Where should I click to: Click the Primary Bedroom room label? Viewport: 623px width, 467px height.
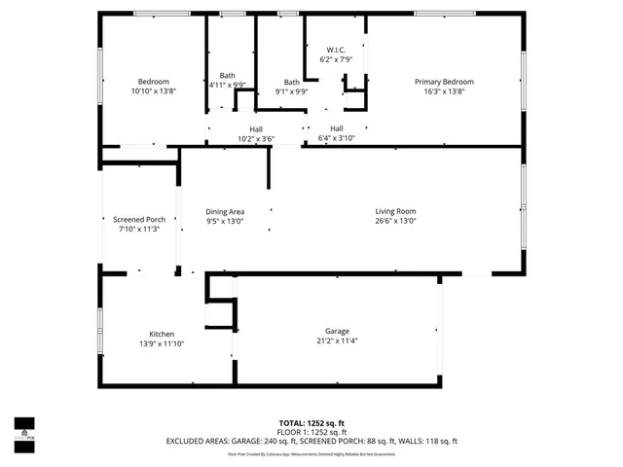[x=444, y=82]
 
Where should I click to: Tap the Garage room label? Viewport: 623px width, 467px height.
[x=337, y=331]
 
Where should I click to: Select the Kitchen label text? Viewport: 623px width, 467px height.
[x=162, y=335]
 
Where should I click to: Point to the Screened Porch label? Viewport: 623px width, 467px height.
[x=139, y=220]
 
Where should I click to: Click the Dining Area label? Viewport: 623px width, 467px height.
[x=225, y=211]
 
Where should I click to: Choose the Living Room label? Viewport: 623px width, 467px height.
[x=396, y=211]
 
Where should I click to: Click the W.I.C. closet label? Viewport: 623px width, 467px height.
[x=336, y=50]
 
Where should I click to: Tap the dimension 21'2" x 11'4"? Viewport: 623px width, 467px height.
[x=337, y=341]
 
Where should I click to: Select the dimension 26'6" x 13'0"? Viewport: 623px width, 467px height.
[x=396, y=221]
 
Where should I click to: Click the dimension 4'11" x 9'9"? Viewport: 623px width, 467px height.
[x=227, y=85]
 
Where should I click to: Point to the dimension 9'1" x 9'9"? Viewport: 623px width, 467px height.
[x=292, y=92]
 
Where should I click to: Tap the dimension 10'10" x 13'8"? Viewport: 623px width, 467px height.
[x=154, y=91]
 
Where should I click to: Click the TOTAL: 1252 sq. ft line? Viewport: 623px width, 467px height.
[x=311, y=423]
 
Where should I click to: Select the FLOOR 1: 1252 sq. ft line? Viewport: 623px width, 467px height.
[x=311, y=432]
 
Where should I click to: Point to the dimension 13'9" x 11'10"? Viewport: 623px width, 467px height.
[x=162, y=344]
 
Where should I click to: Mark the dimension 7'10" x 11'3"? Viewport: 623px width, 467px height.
[x=139, y=230]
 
